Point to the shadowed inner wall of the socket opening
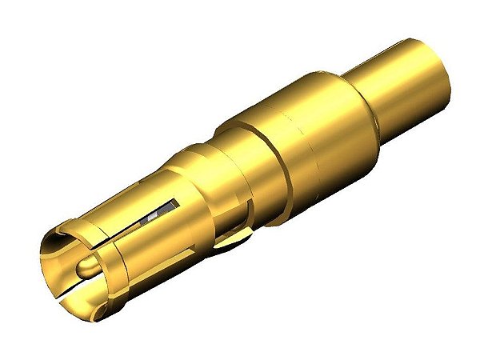[60, 256]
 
